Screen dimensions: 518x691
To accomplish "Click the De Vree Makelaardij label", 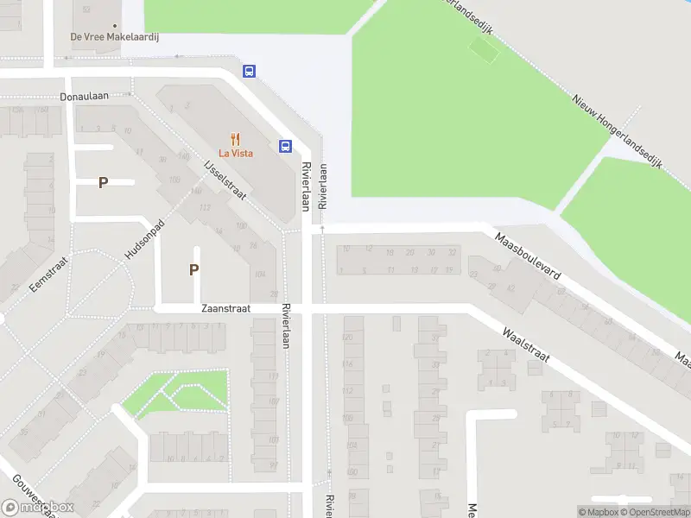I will click(x=121, y=37).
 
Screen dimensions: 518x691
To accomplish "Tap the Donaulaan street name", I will click(x=85, y=97).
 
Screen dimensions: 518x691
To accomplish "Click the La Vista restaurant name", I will click(x=235, y=153).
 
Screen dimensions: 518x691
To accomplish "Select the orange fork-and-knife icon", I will click(x=235, y=138).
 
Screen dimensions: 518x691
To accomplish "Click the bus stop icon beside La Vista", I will click(x=285, y=145).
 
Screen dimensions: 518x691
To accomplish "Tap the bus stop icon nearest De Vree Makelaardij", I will click(x=249, y=72).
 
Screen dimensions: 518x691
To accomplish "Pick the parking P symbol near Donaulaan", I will click(x=103, y=182).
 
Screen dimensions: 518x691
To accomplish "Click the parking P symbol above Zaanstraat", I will click(x=194, y=269).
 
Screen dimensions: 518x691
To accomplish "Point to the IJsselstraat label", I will click(x=225, y=180).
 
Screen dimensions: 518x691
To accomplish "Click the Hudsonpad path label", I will click(x=144, y=237).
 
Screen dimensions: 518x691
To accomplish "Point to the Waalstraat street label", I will click(x=526, y=344).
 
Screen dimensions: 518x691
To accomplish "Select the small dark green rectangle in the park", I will click(x=484, y=51).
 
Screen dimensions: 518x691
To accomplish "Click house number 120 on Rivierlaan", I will click(x=348, y=335).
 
